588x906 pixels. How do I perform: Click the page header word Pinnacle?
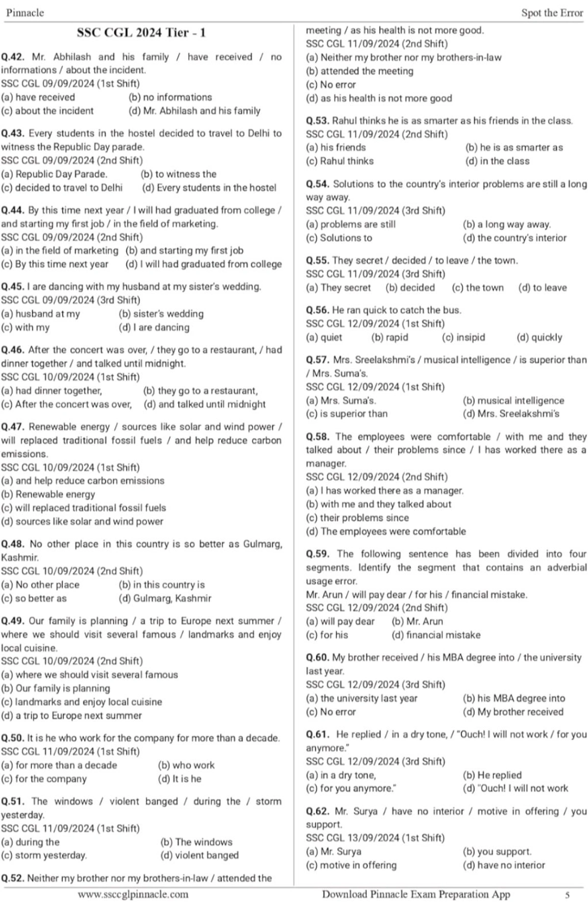click(25, 13)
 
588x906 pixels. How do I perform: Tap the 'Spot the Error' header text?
click(552, 13)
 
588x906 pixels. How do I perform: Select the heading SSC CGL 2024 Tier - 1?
click(141, 33)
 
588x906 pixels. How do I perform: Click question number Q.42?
click(13, 57)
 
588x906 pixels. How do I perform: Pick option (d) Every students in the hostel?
click(209, 188)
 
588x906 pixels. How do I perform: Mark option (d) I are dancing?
click(154, 327)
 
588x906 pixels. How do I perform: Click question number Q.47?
click(13, 427)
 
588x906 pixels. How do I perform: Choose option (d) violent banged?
click(199, 855)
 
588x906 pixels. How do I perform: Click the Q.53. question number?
click(318, 121)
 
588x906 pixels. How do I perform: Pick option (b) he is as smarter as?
click(514, 148)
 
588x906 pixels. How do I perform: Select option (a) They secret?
click(338, 288)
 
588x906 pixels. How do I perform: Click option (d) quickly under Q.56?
click(539, 337)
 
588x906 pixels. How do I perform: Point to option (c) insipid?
click(463, 337)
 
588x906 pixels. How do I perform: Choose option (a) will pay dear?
click(340, 621)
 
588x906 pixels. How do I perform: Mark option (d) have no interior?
click(504, 865)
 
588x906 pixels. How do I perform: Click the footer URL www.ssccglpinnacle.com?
click(133, 894)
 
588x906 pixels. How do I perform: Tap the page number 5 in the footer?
click(567, 895)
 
